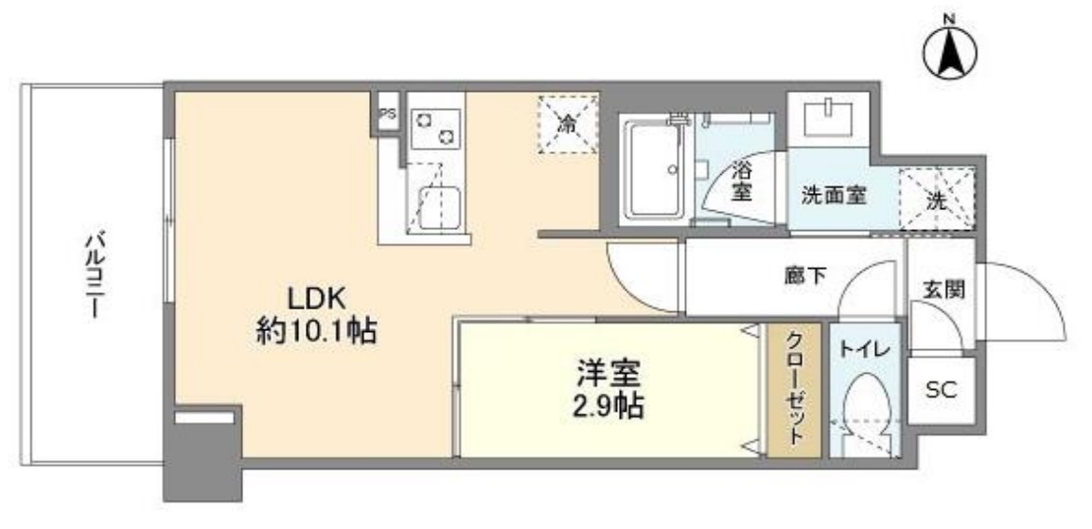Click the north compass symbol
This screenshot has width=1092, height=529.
coord(950,53)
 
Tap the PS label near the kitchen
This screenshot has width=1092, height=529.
coord(387,114)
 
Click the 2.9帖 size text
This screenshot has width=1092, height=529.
coord(609,408)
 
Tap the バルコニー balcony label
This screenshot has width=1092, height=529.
coord(92,273)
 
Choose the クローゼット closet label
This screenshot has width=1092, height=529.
coord(793,392)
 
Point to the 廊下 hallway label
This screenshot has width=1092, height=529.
coord(805,276)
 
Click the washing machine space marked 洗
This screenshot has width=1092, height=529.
coord(936,200)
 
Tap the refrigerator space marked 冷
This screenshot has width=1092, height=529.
coord(568,123)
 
